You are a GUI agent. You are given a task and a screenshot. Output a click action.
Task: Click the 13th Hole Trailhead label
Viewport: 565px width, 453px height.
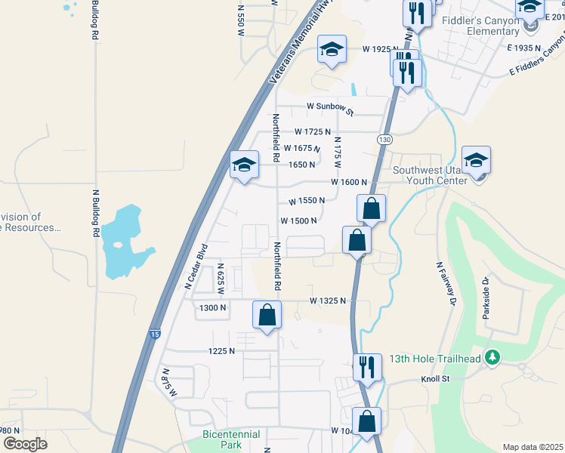pos(434,359)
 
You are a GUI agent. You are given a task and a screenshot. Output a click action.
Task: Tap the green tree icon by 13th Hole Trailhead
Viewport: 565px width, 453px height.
pos(493,356)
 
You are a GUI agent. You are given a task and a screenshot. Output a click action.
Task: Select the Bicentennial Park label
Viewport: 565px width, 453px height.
pos(231,439)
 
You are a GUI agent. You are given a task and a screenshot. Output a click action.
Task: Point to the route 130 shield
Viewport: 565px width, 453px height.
pos(385,140)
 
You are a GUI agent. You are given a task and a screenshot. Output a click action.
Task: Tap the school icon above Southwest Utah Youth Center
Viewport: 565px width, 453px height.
pos(476,161)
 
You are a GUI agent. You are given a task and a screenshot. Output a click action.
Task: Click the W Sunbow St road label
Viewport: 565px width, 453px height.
pos(330,109)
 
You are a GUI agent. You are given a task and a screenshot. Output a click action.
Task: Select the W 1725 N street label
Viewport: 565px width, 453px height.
pos(313,132)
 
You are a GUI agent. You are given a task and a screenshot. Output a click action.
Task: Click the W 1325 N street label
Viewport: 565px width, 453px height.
pos(328,300)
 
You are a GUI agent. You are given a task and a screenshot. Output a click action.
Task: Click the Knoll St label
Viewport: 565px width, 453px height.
pos(434,378)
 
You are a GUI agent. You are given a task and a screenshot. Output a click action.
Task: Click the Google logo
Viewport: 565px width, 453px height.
pos(25,444)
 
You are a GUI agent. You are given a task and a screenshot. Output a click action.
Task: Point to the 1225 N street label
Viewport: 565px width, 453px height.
pos(222,351)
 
